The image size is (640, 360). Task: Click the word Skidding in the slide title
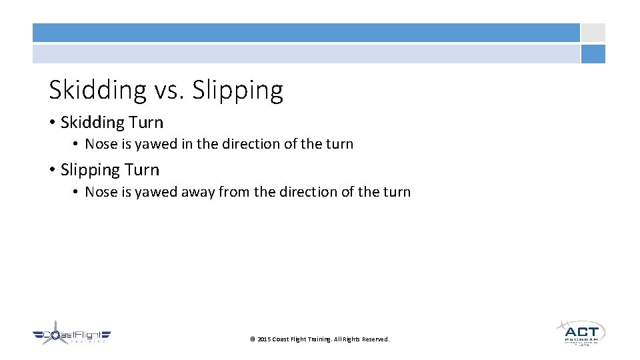(97, 89)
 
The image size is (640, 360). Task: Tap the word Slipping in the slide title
(237, 89)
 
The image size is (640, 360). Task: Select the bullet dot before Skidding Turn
(52, 123)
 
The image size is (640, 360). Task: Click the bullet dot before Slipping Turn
(52, 170)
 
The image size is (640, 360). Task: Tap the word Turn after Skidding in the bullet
(146, 123)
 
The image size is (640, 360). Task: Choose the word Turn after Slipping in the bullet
(142, 170)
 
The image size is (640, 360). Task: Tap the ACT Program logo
(581, 332)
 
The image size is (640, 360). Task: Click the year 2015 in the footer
(264, 339)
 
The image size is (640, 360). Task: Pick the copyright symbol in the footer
(252, 339)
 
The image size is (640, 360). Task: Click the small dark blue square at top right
(593, 54)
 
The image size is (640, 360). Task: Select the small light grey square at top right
(593, 33)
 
